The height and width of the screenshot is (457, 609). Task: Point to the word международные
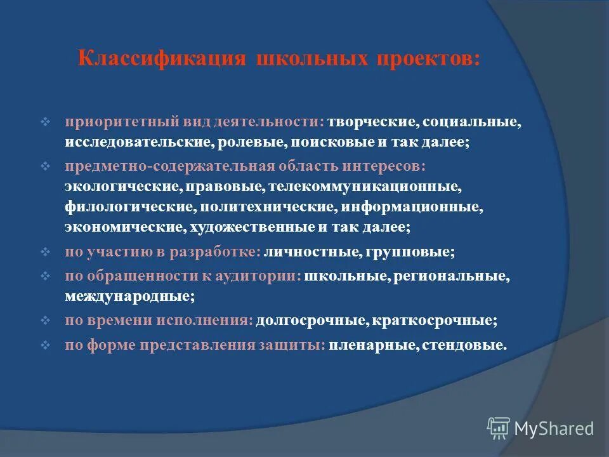click(128, 296)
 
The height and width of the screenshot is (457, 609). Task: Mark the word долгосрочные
click(310, 321)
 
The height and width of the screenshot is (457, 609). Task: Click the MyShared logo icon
click(498, 428)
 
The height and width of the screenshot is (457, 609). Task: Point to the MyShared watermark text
click(554, 428)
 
